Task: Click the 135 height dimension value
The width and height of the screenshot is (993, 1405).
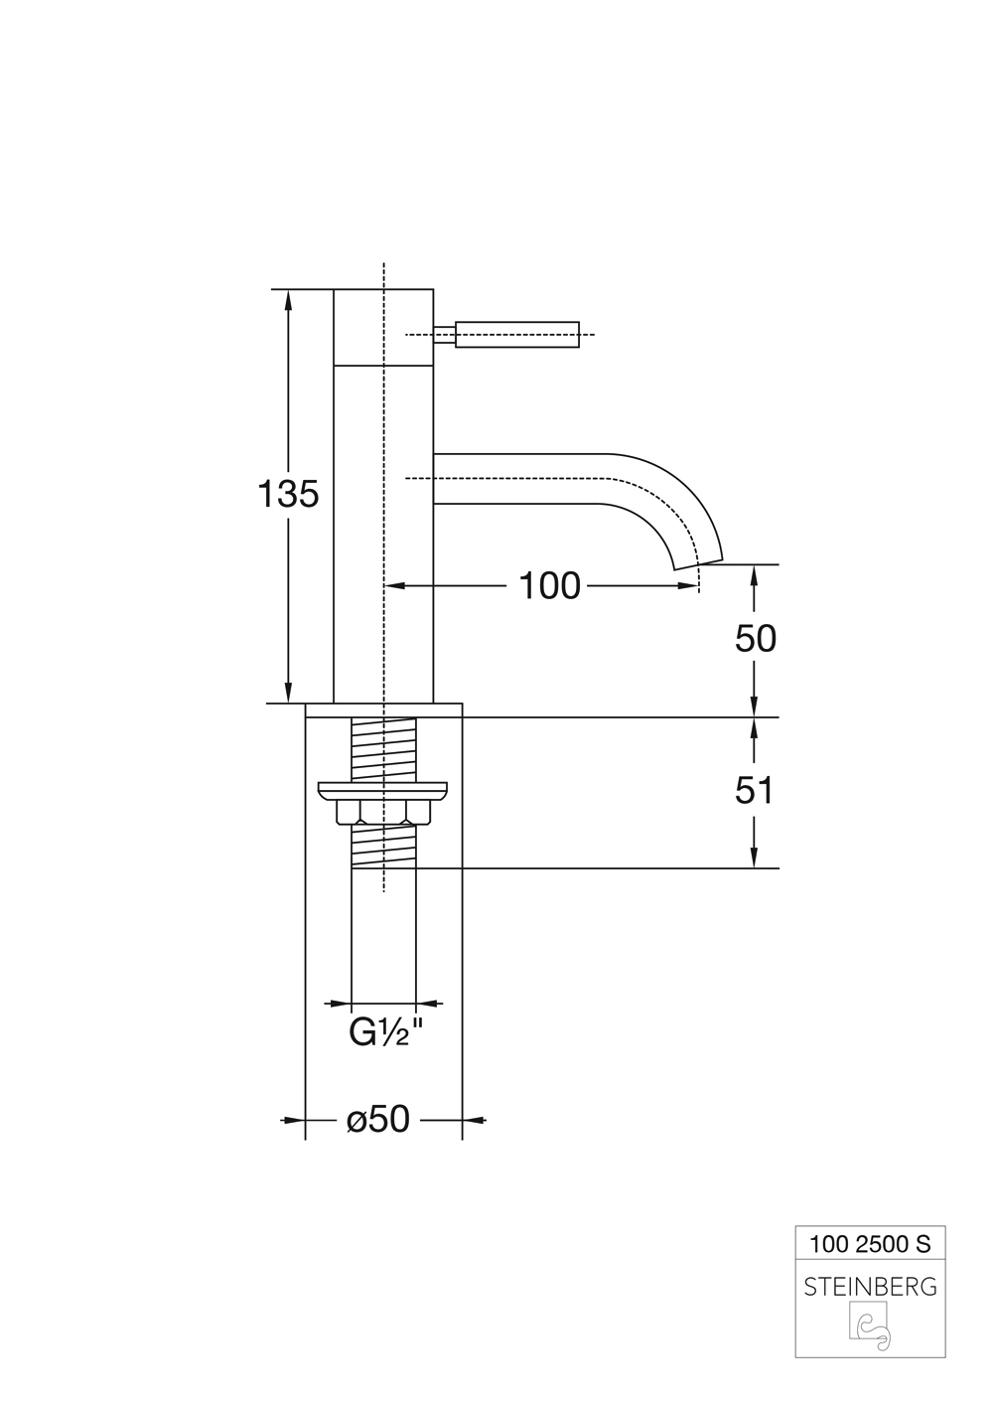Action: [289, 494]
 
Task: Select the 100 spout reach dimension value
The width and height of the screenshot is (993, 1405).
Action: [549, 586]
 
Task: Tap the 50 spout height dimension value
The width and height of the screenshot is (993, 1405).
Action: [755, 639]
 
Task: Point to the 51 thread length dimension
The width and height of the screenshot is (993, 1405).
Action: [755, 791]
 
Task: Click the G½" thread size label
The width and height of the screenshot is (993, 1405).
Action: [385, 1034]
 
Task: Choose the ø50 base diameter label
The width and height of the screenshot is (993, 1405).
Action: [378, 1120]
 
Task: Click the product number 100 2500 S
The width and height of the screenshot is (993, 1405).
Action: [870, 1243]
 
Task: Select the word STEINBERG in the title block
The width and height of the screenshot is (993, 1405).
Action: [870, 1287]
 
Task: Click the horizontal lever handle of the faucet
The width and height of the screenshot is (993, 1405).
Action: [516, 335]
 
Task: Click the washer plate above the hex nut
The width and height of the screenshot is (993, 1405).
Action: [383, 791]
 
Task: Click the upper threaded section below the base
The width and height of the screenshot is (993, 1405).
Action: [383, 750]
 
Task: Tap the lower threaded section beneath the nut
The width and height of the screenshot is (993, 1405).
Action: [383, 847]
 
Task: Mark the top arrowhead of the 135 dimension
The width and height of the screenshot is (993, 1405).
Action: [289, 297]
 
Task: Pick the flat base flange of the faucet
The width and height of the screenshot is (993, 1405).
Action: [383, 710]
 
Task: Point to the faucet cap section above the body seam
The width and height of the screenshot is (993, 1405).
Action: [383, 328]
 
